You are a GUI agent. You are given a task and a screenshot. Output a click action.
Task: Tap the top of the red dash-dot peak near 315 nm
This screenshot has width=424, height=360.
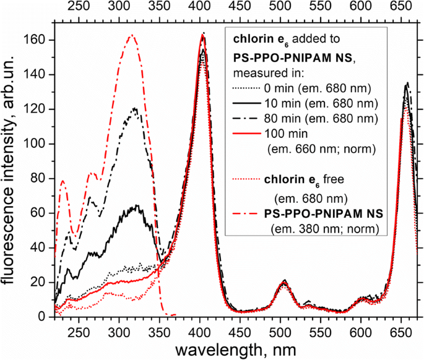pyautogui.click(x=131, y=35)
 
